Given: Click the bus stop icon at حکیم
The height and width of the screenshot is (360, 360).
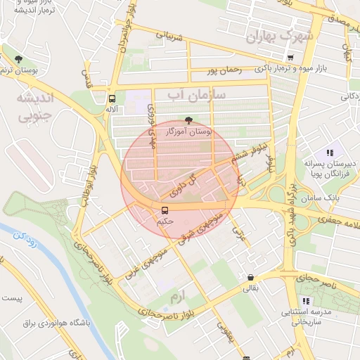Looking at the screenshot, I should [165, 210].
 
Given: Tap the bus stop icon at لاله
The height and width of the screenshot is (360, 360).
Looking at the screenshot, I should [112, 98].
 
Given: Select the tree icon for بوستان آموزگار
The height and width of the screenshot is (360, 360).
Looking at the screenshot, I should [188, 120].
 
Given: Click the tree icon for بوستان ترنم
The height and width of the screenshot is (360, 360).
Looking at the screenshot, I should [18, 59].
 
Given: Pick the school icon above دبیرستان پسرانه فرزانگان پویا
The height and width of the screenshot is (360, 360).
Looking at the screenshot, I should [329, 153].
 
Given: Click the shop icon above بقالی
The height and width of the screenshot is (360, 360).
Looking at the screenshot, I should [250, 277].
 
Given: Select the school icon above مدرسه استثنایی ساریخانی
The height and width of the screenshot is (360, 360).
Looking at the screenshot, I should [305, 301].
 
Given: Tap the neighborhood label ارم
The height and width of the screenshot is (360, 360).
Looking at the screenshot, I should [179, 298].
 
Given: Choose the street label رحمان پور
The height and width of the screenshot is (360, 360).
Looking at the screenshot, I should [223, 70].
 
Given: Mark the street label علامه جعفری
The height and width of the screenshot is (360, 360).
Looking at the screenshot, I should [339, 221].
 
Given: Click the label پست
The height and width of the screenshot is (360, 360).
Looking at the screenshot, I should [13, 299].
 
